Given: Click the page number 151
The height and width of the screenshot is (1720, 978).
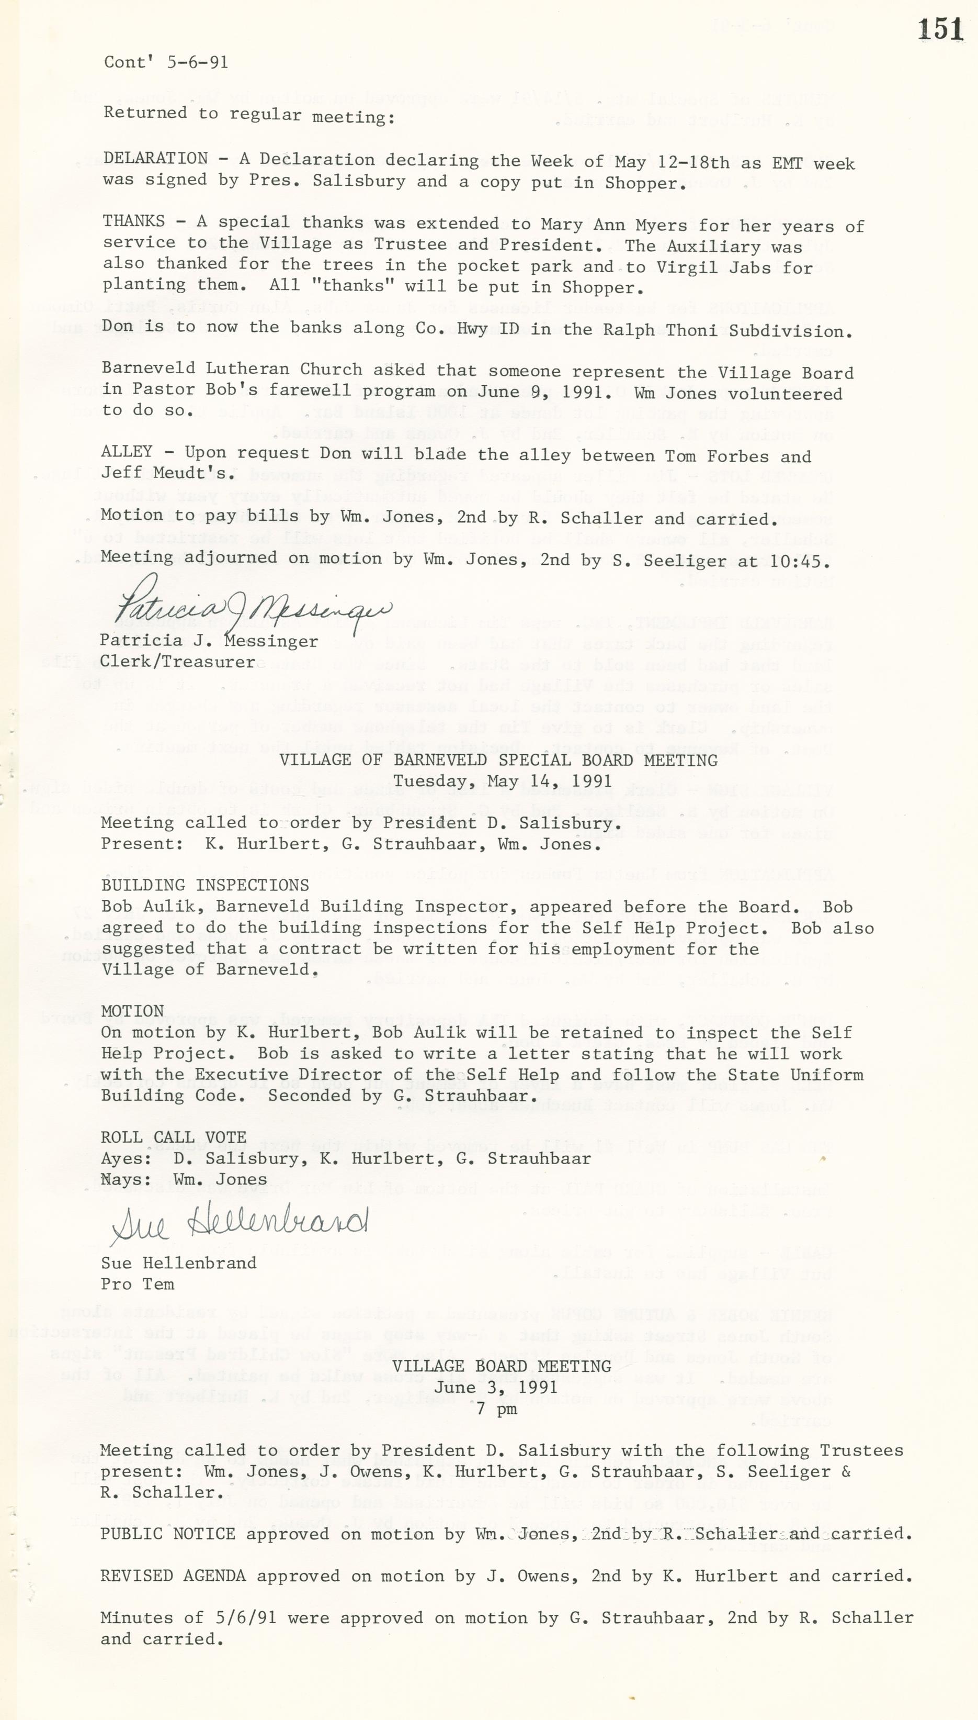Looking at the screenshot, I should click(x=940, y=30).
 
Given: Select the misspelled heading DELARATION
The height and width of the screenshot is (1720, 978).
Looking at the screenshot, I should click(x=155, y=159).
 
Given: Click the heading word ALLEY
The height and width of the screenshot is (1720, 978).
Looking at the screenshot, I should click(x=127, y=452).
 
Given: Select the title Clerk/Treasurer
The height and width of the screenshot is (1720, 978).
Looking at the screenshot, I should click(x=177, y=662).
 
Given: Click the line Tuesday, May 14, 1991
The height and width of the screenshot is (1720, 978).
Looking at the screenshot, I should click(x=503, y=781).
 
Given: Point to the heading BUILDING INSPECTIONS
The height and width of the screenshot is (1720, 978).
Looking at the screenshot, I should click(x=205, y=885).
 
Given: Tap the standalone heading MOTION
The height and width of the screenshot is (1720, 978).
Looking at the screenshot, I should click(x=132, y=1011).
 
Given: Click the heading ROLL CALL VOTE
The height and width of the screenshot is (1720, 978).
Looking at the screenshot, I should click(x=173, y=1137).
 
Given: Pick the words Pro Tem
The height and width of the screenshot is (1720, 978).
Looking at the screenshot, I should click(x=138, y=1284).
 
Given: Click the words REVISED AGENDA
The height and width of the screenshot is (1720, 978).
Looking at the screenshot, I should click(x=173, y=1576).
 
